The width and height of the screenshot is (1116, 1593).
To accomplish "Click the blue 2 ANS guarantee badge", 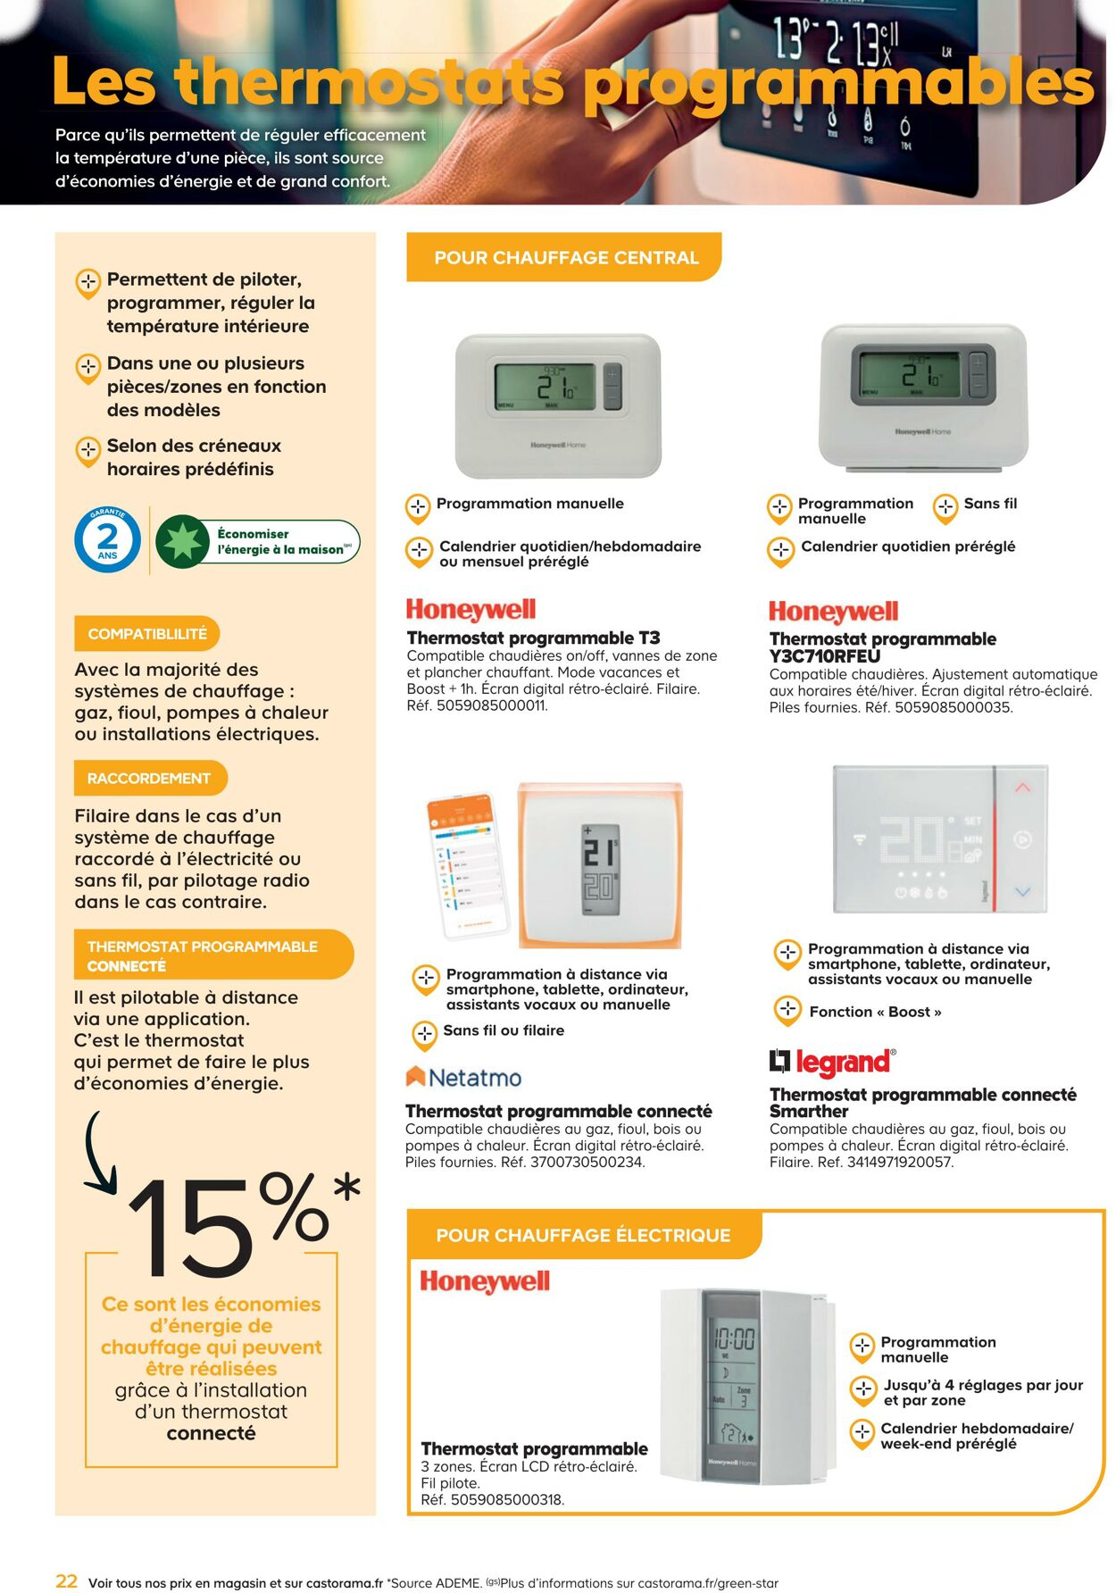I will (107, 539).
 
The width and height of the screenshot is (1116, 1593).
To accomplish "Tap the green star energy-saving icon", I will (183, 541).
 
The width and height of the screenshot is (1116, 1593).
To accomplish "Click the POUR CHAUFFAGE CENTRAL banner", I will (565, 258).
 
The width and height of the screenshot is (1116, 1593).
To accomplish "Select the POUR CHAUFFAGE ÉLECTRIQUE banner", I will (583, 1235).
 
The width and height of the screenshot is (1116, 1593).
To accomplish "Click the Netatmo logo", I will (463, 1078).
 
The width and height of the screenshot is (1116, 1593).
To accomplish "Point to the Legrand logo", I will (832, 1062).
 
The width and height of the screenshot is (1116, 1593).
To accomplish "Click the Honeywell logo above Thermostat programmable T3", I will (471, 610).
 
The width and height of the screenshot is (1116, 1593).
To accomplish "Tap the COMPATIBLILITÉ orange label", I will (146, 634).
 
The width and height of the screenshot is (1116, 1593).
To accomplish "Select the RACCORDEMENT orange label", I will (149, 779).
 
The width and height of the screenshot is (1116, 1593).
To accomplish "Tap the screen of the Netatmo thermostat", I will (600, 869).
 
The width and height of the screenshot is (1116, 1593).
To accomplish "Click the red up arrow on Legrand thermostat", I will (1022, 788).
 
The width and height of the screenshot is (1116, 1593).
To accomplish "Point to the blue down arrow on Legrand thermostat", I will (1022, 891).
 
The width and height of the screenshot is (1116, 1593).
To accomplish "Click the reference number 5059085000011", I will (491, 705).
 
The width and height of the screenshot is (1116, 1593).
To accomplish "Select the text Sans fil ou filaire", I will (504, 1030).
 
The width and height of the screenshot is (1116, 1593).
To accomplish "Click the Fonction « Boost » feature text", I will (874, 1012).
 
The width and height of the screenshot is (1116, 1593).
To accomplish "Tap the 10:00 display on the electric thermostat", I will (734, 1339).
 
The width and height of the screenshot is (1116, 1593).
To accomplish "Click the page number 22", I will (67, 1580).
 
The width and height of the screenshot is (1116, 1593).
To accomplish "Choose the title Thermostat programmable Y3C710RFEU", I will (882, 647).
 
